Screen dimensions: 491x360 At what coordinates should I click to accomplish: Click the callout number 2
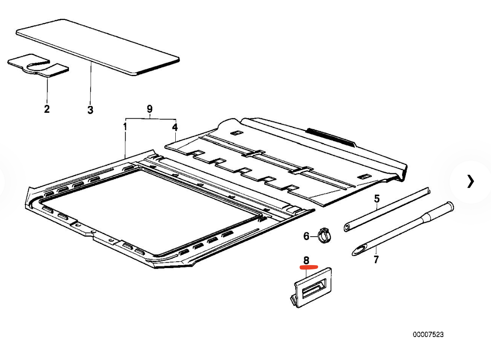point(47,109)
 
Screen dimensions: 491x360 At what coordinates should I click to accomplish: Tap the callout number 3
point(90,110)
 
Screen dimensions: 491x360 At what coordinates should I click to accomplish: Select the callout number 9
point(150,109)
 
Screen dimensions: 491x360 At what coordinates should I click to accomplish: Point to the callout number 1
point(125,127)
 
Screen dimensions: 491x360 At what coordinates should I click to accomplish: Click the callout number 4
point(175,127)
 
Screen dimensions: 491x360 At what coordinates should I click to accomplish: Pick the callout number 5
point(377,199)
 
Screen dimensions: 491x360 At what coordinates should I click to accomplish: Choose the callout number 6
point(306,236)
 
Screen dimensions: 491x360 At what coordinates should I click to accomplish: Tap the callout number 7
point(376,259)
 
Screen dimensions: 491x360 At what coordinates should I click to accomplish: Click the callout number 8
point(306,260)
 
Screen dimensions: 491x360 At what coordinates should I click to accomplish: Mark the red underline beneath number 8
point(309,267)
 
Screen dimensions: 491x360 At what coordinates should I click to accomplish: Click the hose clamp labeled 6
point(325,236)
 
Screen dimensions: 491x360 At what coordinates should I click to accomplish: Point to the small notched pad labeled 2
point(37,67)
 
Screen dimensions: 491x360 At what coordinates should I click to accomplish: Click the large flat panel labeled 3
point(98,47)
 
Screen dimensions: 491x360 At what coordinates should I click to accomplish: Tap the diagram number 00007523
point(428,334)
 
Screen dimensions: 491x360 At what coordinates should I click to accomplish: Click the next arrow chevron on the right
point(470,181)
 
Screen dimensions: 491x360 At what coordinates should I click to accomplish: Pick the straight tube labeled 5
point(387,209)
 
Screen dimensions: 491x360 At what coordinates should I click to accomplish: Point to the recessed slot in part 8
point(314,288)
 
